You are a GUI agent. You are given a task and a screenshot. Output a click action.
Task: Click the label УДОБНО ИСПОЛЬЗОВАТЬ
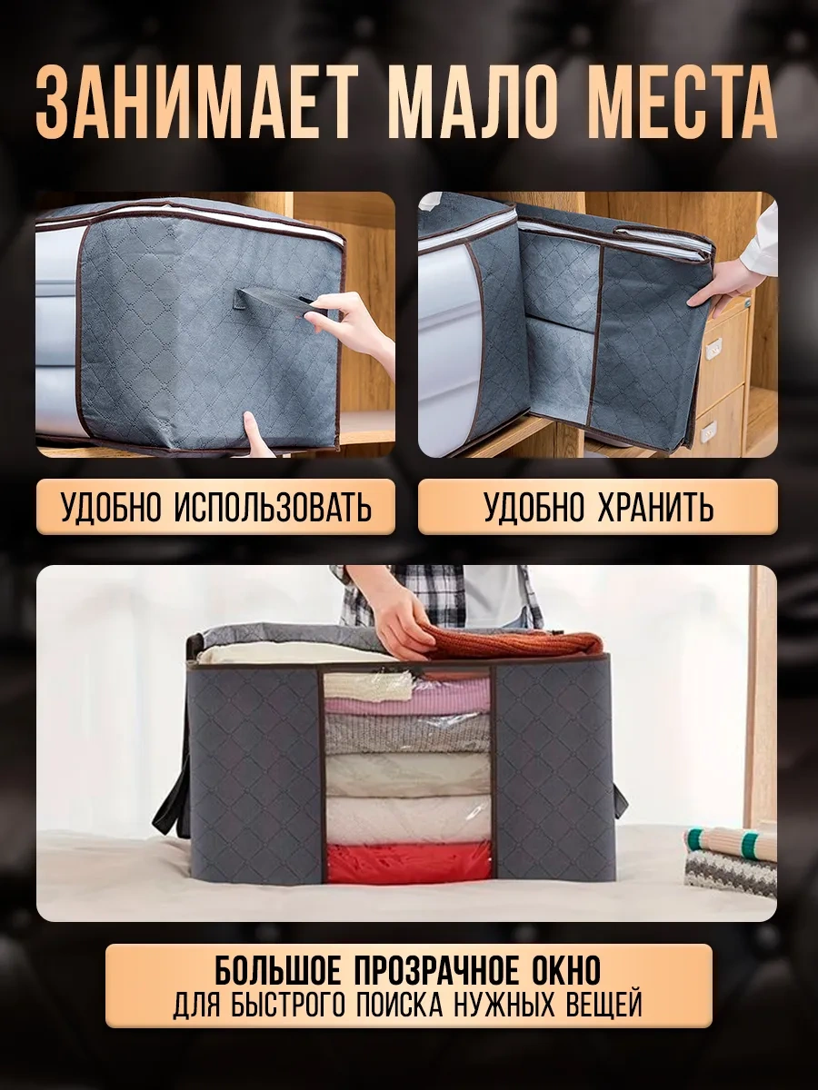[x=216, y=508]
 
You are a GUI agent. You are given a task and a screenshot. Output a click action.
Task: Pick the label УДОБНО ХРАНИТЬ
[x=598, y=508]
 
